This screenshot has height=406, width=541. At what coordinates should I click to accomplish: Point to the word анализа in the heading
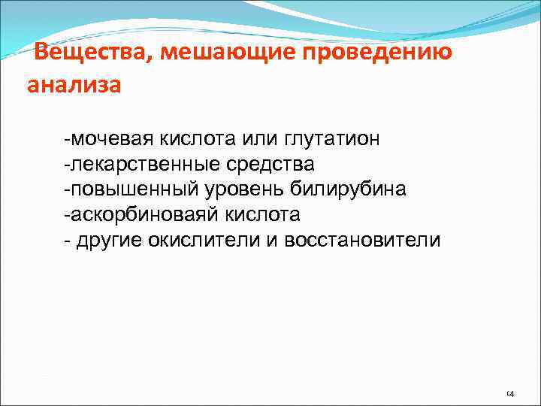73,85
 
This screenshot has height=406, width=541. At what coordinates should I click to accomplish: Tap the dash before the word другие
67,241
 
